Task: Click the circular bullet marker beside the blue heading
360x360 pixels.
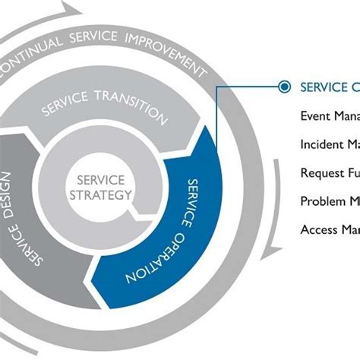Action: coord(283,87)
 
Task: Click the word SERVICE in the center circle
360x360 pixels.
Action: coord(104,180)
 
